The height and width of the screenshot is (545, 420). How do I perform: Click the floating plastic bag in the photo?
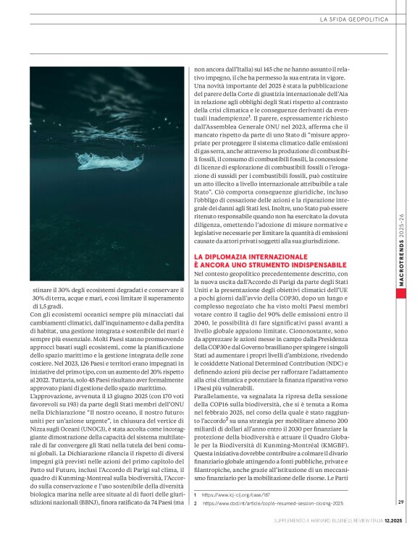tap(108, 161)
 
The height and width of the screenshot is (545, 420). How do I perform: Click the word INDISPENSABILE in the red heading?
tap(326, 265)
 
